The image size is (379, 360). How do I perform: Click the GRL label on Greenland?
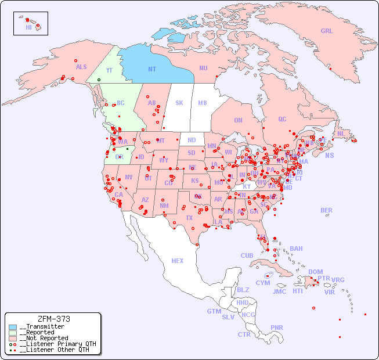pyautogui.click(x=327, y=31)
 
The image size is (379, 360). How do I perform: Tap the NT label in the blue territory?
pyautogui.click(x=152, y=69)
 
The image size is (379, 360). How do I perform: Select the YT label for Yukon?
pyautogui.click(x=109, y=70)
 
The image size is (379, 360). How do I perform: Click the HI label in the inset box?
pyautogui.click(x=28, y=27)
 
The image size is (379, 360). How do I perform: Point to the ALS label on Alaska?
pyautogui.click(x=81, y=67)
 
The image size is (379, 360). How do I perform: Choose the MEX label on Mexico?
pyautogui.click(x=177, y=261)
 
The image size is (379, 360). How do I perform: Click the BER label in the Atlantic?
pyautogui.click(x=326, y=210)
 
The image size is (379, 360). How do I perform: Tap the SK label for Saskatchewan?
pyautogui.click(x=179, y=103)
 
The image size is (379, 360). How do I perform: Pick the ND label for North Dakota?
pyautogui.click(x=192, y=140)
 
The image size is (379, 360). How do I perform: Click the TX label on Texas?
pyautogui.click(x=189, y=218)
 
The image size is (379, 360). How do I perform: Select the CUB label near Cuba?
pyautogui.click(x=247, y=255)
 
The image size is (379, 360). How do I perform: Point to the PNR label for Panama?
pyautogui.click(x=277, y=327)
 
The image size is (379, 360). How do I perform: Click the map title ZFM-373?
pyautogui.click(x=53, y=319)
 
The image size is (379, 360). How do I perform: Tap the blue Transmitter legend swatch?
pyautogui.click(x=13, y=327)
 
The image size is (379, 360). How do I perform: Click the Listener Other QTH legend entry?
pyautogui.click(x=53, y=350)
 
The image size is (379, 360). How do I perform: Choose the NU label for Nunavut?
pyautogui.click(x=203, y=68)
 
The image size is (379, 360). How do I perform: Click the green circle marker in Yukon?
pyautogui.click(x=99, y=80)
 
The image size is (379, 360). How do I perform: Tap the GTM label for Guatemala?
pyautogui.click(x=214, y=311)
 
